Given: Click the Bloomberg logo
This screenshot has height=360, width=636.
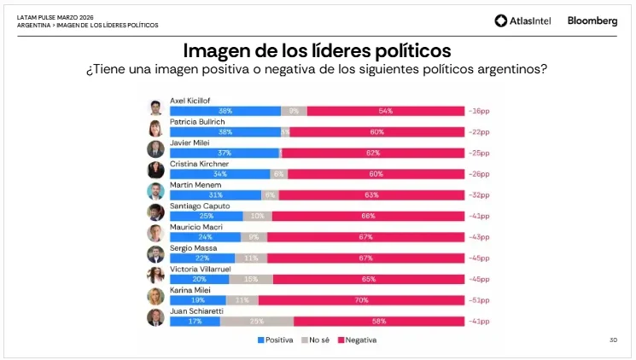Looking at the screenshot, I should click(x=592, y=21).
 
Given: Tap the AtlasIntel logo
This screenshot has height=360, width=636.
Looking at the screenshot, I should click(x=524, y=21).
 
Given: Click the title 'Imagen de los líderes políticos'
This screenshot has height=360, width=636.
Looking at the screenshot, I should click(x=317, y=50).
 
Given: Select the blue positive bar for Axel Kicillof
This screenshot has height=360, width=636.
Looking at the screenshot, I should click(x=225, y=111).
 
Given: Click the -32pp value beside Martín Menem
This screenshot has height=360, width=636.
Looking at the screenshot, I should click(x=479, y=195).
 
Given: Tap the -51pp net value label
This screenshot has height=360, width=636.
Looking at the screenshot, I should click(x=479, y=300).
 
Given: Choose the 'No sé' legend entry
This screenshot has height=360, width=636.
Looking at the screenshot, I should click(x=316, y=340).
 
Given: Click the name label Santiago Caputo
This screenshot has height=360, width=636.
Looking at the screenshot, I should click(x=197, y=206).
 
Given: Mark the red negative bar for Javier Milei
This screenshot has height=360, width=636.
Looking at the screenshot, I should click(x=372, y=153).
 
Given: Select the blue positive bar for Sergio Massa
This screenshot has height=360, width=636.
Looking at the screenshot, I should click(x=202, y=258).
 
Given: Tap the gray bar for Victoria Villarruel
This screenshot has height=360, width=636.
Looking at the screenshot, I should click(x=251, y=279).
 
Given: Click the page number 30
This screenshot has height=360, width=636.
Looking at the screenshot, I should click(x=613, y=340).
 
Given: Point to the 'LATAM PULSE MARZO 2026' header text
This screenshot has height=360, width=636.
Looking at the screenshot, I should click(x=56, y=16).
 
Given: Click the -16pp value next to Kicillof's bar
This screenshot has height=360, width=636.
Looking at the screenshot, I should click(x=479, y=111).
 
